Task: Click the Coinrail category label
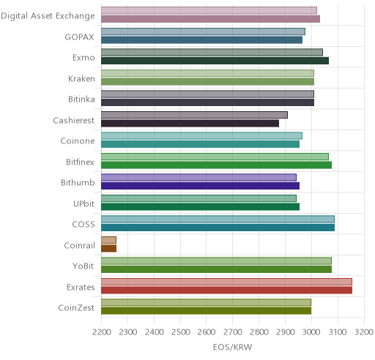(79, 245)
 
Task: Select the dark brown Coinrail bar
(108, 249)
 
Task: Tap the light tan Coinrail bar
(108, 240)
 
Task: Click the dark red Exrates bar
(226, 290)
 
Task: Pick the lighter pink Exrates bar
(226, 282)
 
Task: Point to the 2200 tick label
(102, 332)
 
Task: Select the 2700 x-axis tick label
(233, 332)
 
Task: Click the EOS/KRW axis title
(232, 347)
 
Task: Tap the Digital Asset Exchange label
(48, 16)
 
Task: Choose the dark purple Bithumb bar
(200, 186)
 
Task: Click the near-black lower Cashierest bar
(190, 124)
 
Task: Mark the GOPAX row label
(79, 37)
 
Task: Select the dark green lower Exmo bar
(215, 61)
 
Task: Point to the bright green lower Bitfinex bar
(216, 165)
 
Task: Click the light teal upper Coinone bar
(201, 136)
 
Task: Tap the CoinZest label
(76, 308)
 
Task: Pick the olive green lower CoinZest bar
(206, 311)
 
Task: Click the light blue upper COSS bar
(218, 220)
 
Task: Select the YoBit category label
(83, 266)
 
